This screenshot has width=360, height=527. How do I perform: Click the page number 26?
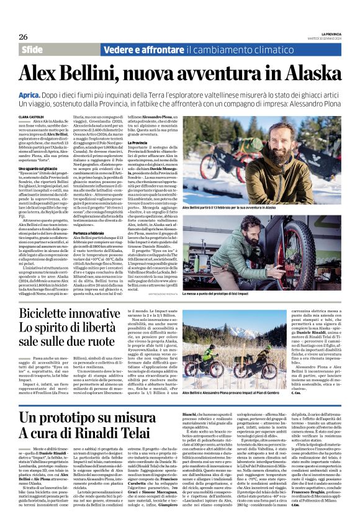pyautogui.click(x=23, y=37)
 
